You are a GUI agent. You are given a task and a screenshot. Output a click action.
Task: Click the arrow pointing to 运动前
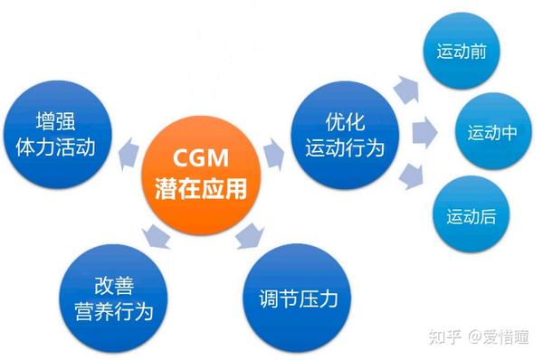pos(410,90)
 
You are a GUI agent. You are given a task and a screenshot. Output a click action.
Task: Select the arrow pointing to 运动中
pos(420,133)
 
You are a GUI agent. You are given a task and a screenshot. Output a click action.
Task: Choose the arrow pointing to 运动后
pos(409,176)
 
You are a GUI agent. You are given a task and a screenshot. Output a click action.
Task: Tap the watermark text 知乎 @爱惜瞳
pos(483,336)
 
